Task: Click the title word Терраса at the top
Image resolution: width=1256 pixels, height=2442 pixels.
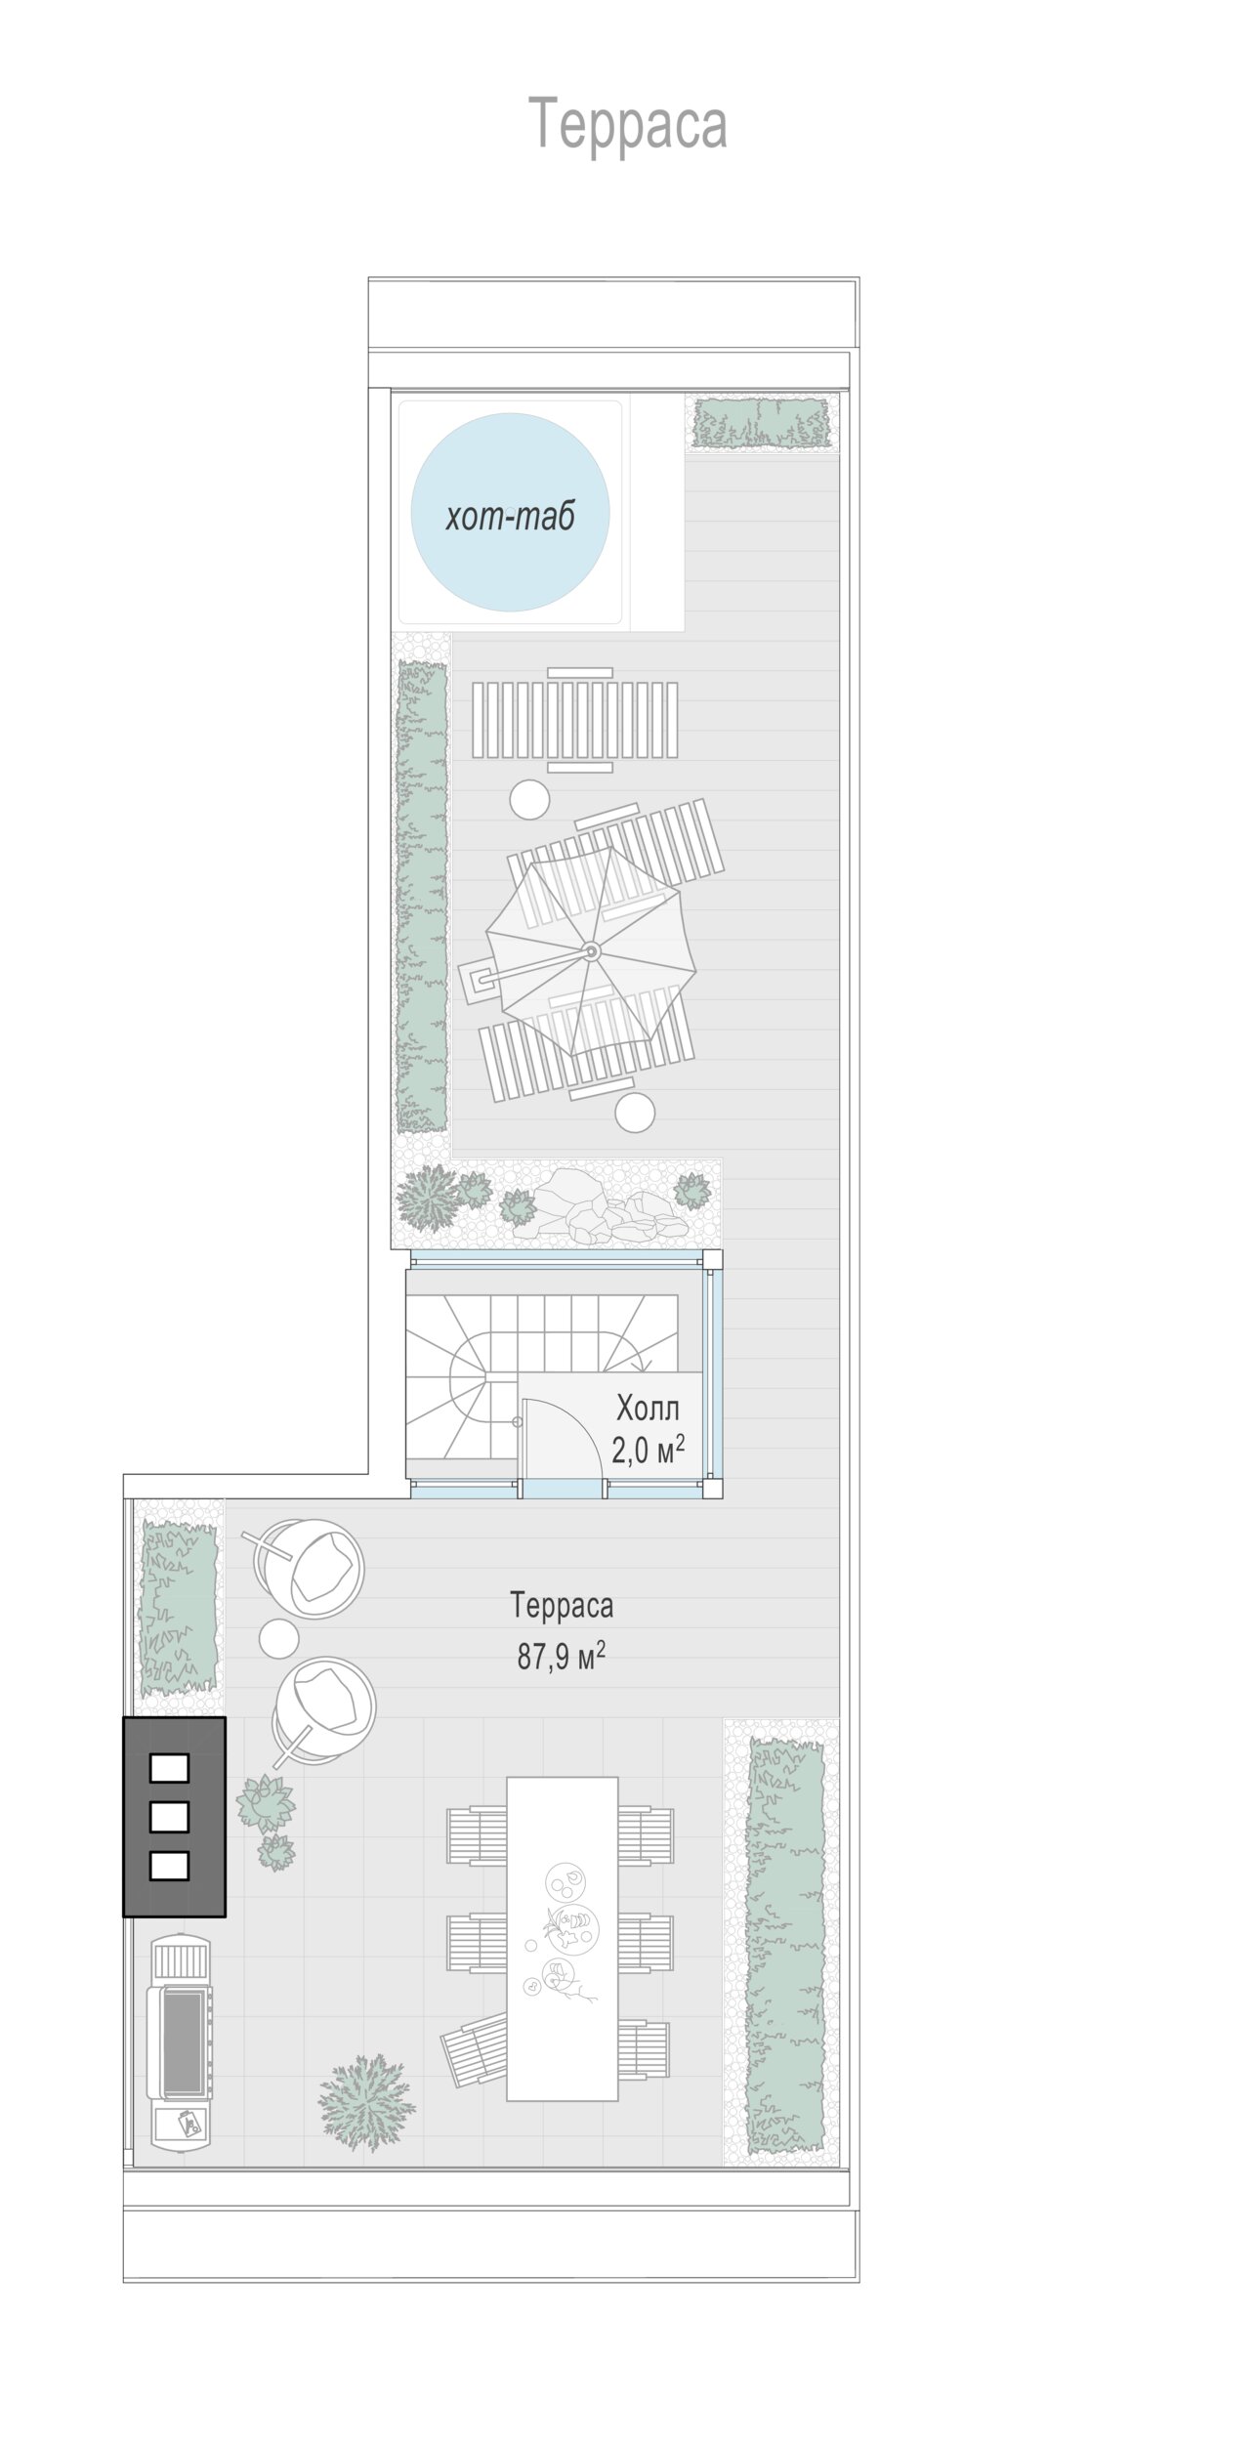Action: [628, 124]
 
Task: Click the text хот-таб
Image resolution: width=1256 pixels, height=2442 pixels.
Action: [510, 515]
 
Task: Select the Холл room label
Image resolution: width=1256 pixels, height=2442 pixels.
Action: [648, 1408]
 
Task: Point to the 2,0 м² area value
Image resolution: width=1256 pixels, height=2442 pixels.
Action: [648, 1449]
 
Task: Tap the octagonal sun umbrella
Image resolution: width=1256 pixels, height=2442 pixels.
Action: [591, 950]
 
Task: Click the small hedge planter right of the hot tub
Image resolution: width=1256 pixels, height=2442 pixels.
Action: [761, 422]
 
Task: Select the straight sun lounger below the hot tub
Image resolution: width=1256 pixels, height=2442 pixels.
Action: [576, 720]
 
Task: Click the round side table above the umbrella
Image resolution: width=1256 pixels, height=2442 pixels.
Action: [530, 799]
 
